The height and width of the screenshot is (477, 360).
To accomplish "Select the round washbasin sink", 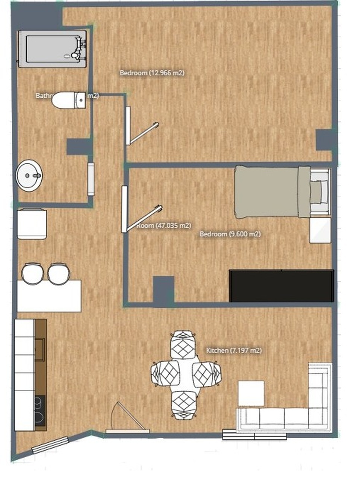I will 29,175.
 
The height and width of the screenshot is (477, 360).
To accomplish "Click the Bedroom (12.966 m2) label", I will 152,73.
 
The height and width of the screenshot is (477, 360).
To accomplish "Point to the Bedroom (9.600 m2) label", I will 230,234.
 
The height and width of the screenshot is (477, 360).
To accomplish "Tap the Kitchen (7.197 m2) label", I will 234,350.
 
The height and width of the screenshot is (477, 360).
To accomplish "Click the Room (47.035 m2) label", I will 164,225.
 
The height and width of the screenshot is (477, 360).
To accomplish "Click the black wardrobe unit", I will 281,285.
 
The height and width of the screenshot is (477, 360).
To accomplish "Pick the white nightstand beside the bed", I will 320,230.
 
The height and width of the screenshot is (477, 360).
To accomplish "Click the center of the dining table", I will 186,374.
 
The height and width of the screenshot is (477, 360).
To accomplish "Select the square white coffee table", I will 251,393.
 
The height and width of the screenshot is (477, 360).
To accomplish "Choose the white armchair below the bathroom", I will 32,224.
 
